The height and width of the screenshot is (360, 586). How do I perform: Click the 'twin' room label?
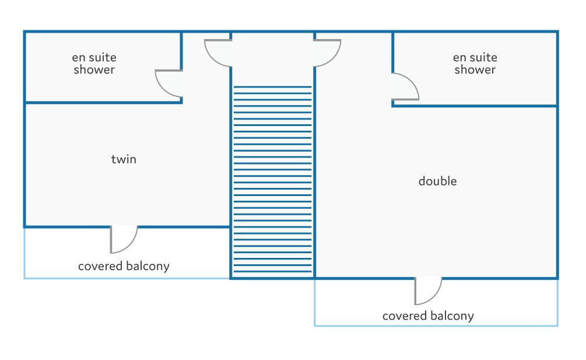click(124, 159)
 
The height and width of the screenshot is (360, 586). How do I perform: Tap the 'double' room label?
click(437, 181)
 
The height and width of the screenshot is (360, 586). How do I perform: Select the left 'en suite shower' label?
click(94, 64)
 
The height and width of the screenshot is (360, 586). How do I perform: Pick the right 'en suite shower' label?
click(475, 64)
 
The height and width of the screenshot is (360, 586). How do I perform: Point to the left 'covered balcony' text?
click(124, 267)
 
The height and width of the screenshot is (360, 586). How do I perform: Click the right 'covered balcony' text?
click(428, 316)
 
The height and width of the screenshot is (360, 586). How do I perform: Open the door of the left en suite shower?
click(168, 83)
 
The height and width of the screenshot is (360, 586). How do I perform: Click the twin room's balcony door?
click(124, 239)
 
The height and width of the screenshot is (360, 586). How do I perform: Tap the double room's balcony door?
click(428, 291)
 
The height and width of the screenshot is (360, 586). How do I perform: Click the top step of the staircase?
click(272, 88)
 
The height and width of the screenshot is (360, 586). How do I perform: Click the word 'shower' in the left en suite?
click(94, 70)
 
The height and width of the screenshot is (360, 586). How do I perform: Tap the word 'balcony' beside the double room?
click(451, 316)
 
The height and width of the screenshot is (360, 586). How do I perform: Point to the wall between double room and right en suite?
click(475, 106)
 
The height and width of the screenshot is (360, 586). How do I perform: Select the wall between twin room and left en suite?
click(102, 103)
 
